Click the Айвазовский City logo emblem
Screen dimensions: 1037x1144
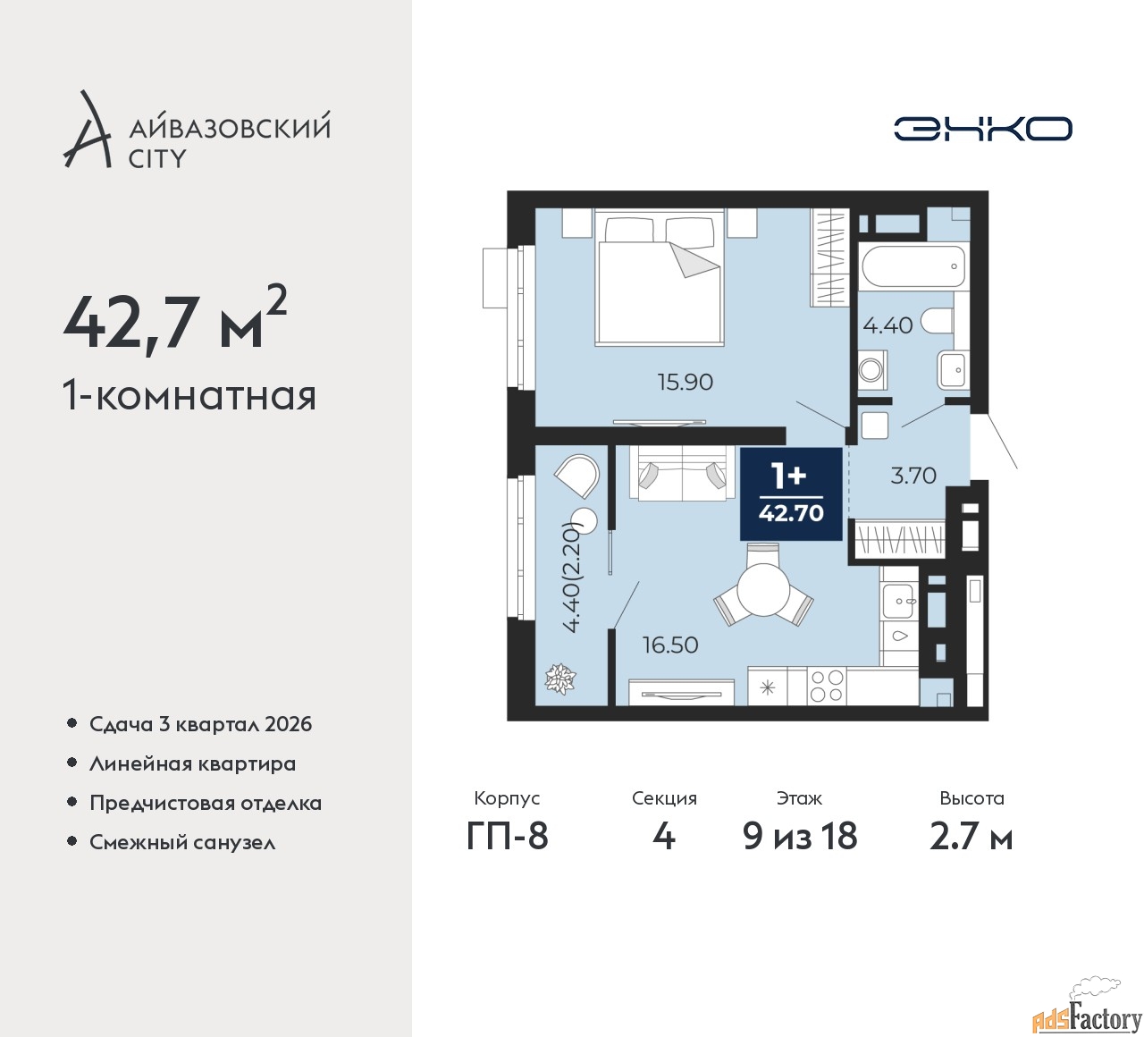88,131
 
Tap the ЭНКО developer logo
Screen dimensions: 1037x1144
982,129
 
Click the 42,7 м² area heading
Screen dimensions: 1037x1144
175,320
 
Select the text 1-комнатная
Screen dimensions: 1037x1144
189,395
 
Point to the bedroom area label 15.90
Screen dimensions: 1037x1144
686,382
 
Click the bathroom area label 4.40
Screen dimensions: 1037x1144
887,325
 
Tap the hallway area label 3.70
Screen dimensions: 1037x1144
913,476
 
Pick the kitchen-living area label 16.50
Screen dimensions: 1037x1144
670,645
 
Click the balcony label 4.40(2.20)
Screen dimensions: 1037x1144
572,578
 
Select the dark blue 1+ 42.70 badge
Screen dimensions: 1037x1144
791,493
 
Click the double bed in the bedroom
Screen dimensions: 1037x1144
660,278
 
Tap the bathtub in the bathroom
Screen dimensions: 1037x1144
913,266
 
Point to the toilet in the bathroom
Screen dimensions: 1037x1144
938,320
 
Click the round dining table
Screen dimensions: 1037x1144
764,591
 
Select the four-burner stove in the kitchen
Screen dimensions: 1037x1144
826,687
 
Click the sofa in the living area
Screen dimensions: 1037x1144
682,474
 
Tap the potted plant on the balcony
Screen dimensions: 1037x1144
560,679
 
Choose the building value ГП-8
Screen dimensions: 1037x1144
508,836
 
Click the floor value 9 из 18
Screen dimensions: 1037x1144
800,836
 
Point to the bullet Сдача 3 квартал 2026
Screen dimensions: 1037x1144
200,724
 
